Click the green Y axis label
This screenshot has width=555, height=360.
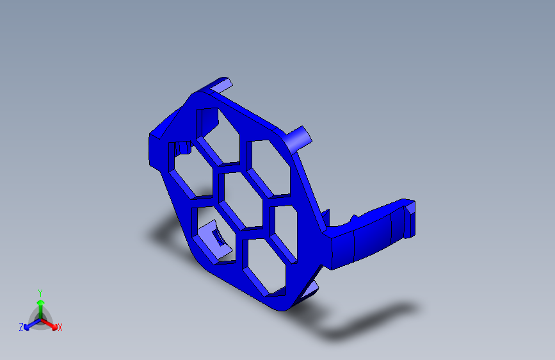pyautogui.click(x=40, y=292)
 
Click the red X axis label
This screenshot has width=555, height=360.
pyautogui.click(x=60, y=328)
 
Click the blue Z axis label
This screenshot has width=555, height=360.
pyautogui.click(x=21, y=327)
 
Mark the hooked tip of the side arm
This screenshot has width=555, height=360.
pyautogui.click(x=408, y=218)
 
